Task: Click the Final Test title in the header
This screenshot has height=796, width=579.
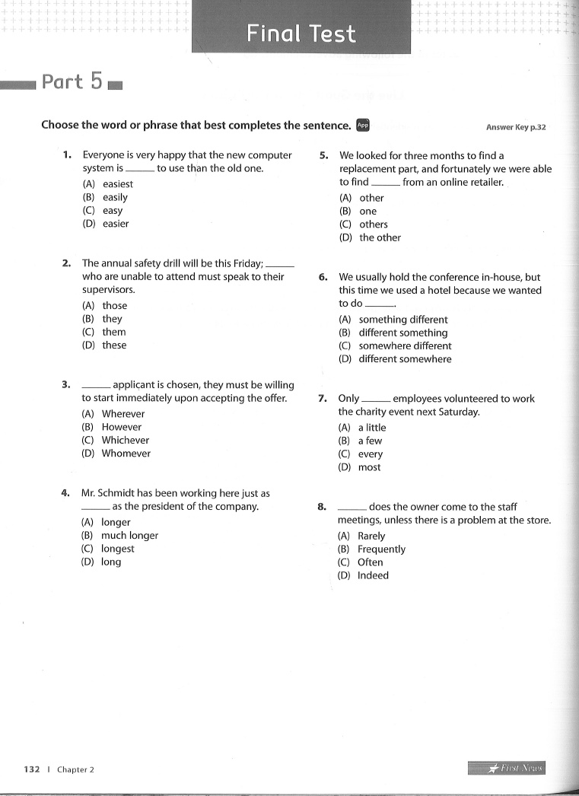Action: [301, 33]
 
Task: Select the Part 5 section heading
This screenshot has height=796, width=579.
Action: [72, 81]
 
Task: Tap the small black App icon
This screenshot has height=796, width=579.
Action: [363, 125]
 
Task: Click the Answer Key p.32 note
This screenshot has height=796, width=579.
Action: [515, 127]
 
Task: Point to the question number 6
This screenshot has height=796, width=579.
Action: [323, 277]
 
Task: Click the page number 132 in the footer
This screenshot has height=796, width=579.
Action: [31, 769]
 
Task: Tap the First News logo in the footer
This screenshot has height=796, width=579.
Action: [507, 769]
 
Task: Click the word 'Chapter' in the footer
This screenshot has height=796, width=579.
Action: [72, 769]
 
